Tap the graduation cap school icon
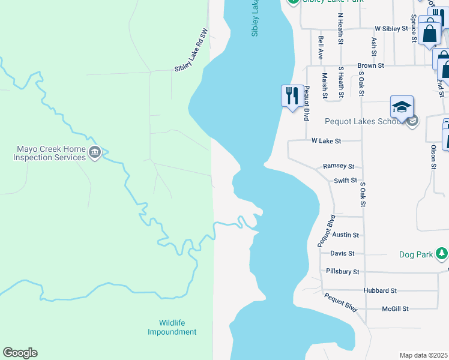[402, 107]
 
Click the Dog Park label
[416, 254]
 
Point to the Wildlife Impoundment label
[172, 327]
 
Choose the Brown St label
[370, 65]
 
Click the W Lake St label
[326, 141]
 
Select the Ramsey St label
[339, 166]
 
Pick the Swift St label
[345, 180]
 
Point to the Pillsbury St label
[342, 272]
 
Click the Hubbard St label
[380, 290]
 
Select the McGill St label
[395, 309]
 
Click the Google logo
[20, 353]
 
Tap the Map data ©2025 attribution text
[423, 355]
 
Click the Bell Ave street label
[321, 47]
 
